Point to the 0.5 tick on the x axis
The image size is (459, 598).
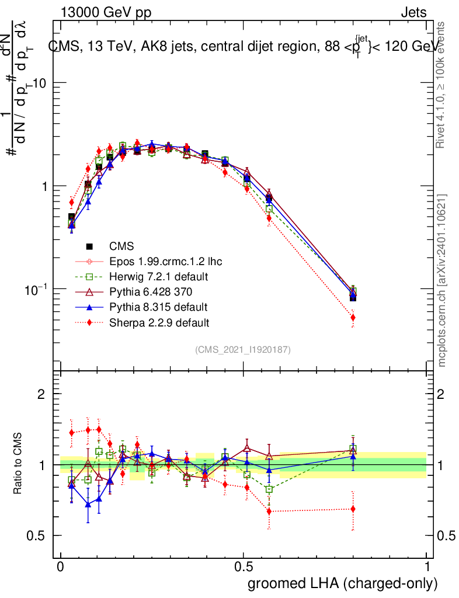[244, 567]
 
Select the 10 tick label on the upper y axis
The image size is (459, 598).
[39, 83]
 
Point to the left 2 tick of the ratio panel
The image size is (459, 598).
[41, 394]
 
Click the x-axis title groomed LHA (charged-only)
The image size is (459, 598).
[343, 583]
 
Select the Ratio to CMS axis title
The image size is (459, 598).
[19, 465]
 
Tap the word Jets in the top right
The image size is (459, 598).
[413, 13]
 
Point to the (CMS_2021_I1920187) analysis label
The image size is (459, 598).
[243, 349]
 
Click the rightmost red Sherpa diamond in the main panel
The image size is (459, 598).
[353, 318]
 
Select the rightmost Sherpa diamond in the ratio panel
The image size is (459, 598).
[353, 509]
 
